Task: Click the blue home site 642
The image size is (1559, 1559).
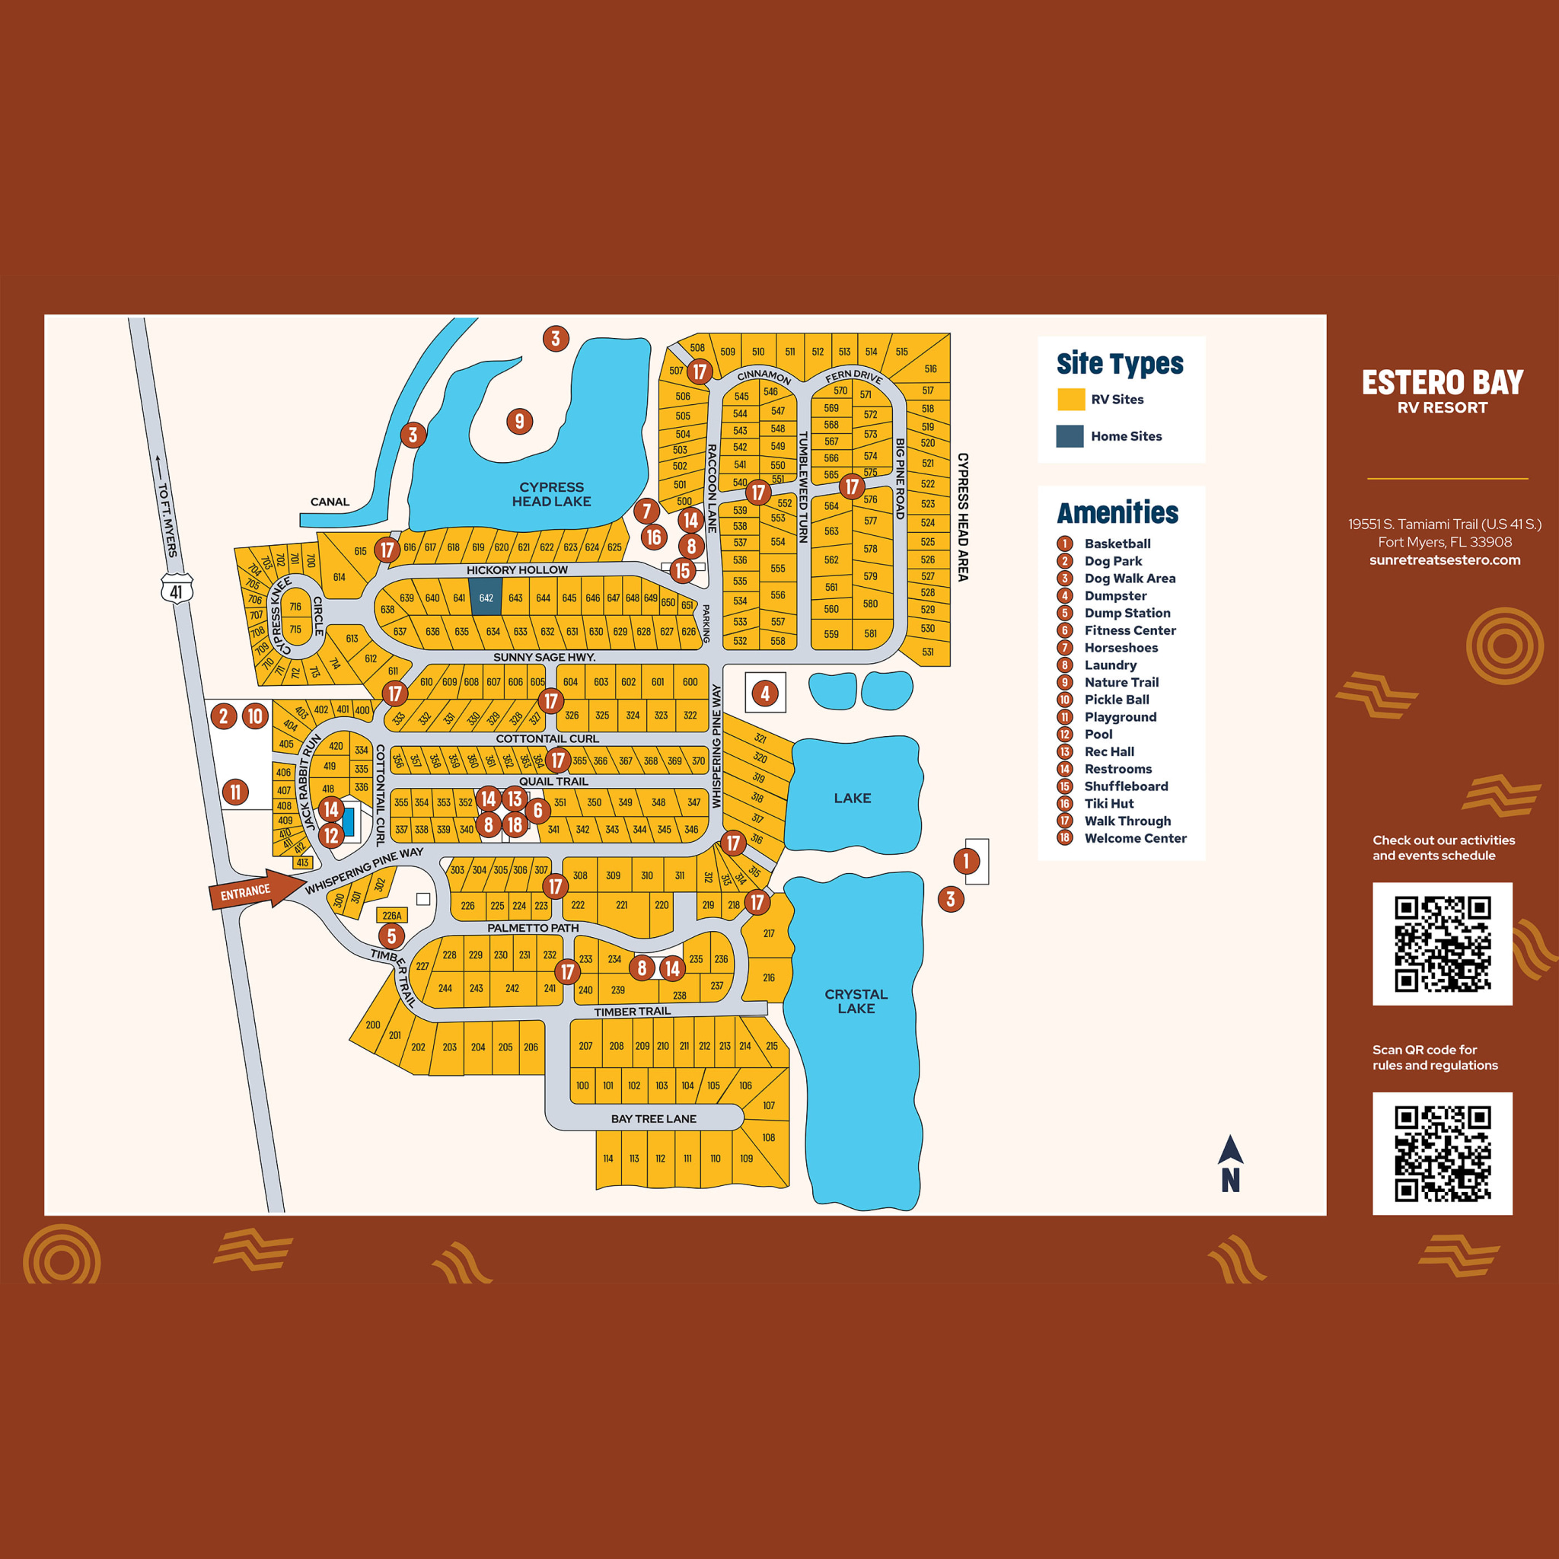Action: click(486, 598)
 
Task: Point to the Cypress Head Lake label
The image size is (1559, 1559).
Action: click(551, 494)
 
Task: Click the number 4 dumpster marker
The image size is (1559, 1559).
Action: click(765, 693)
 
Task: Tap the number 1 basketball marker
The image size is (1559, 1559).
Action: click(966, 861)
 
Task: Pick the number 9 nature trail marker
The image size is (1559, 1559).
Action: click(520, 420)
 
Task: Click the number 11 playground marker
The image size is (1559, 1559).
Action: click(234, 792)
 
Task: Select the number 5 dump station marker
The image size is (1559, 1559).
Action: click(391, 936)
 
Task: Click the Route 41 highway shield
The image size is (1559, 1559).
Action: click(176, 590)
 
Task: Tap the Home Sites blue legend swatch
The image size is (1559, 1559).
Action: click(1070, 435)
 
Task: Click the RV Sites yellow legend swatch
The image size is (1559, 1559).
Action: click(1071, 400)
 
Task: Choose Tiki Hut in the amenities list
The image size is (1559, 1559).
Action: click(1108, 804)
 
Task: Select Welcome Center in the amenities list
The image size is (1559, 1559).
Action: click(1134, 838)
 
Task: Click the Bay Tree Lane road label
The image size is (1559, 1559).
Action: click(653, 1118)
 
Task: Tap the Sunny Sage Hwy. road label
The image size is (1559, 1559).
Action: click(544, 657)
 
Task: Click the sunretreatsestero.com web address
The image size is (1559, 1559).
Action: click(1444, 560)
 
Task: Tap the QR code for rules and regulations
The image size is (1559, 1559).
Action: click(1442, 1153)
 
